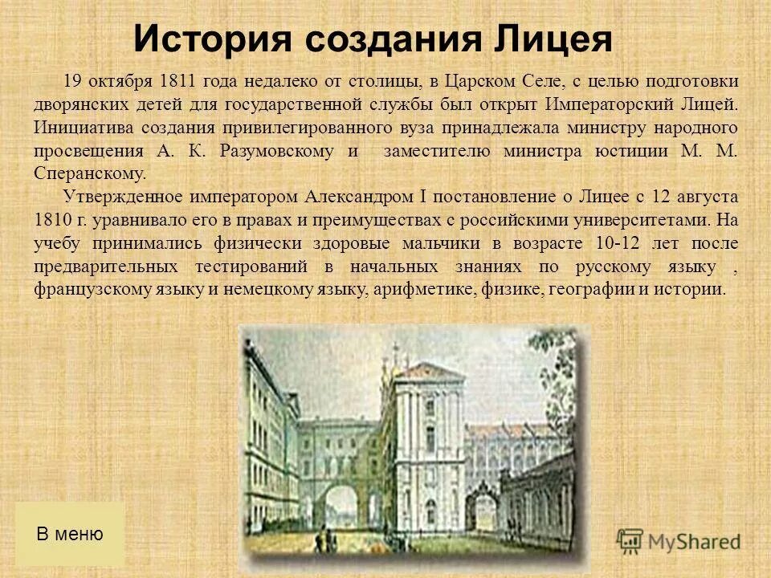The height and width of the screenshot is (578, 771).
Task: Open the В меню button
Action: tap(70, 534)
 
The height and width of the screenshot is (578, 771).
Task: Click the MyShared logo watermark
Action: tap(679, 540)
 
